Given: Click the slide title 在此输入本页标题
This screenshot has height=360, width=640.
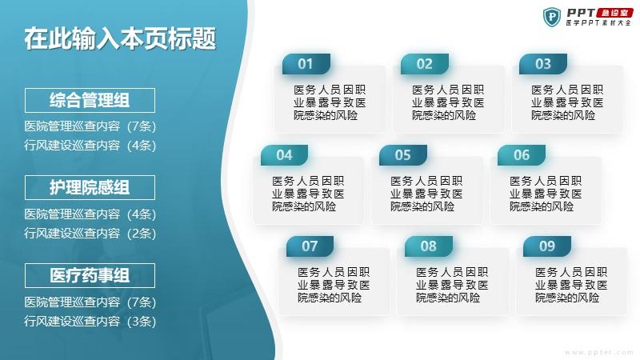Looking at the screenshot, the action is point(120,38).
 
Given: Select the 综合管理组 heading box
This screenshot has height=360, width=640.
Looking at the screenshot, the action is point(90,100).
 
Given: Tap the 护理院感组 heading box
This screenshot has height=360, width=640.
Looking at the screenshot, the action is point(90,187).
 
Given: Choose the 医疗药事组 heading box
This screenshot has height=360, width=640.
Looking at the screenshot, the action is point(90,275).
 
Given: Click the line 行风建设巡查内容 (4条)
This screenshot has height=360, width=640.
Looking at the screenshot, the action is point(90,146).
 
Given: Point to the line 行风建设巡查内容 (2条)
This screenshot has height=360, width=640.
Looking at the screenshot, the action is point(90,233).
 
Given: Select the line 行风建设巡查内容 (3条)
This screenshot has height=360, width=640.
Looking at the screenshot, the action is point(90,322).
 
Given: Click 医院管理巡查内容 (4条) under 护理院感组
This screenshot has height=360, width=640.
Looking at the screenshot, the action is point(90,214).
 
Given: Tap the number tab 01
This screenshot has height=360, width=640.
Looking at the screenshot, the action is point(306,64).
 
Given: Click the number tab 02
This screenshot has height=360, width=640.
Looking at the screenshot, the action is point(425,64).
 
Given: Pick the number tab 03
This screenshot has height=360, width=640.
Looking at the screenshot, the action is point(543,64).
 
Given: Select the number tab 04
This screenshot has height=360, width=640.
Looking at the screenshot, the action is point(285,155).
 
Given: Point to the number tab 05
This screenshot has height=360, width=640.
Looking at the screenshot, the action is point(403,155).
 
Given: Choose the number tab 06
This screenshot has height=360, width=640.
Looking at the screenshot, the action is point(522,155).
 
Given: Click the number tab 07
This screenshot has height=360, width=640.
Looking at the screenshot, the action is point(310,246).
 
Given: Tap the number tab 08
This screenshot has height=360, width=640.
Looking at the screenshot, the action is point(429,246).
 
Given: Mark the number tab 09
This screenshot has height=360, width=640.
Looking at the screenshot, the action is point(547,246).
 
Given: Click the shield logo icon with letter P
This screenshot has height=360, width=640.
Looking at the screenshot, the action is point(552,17).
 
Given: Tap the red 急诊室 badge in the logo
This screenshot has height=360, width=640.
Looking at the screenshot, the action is point(614,13).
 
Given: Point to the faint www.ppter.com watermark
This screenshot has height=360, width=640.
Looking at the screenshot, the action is point(599,352).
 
